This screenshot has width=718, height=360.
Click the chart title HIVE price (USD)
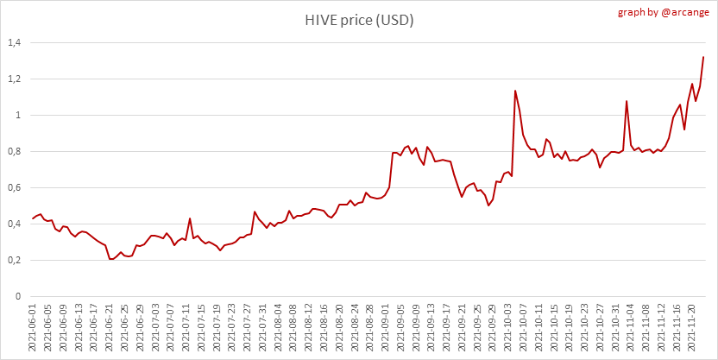tap(358, 20)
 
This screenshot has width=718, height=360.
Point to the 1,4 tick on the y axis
tap(14, 42)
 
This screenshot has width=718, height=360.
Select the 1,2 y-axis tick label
tap(14, 79)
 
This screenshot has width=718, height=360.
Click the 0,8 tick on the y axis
tap(14, 151)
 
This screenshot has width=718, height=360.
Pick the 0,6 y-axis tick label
tap(14, 187)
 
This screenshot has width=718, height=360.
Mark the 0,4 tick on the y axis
tap(14, 224)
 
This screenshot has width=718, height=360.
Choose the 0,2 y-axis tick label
tap(14, 260)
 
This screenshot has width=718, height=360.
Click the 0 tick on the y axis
tap(18, 296)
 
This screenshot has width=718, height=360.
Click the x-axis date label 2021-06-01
tap(33, 329)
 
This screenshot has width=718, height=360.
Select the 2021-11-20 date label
tap(695, 329)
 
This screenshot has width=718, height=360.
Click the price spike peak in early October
tap(515, 91)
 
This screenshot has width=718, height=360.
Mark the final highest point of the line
tap(703, 57)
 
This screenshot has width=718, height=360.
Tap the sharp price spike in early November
tap(627, 101)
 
